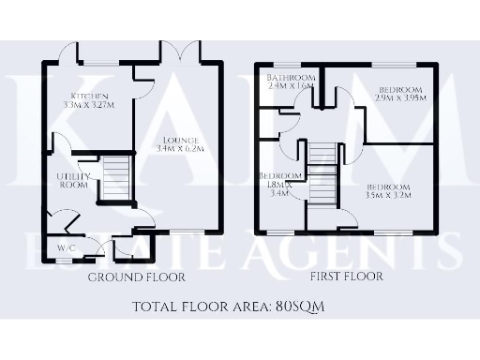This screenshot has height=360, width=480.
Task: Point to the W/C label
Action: click(x=66, y=248)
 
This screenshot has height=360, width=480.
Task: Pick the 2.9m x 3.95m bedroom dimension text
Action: click(x=400, y=97)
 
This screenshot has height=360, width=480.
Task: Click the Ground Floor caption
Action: click(x=136, y=277)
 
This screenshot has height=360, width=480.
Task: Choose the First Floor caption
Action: click(x=346, y=277)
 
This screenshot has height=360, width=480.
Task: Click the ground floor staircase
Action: click(x=112, y=178)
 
